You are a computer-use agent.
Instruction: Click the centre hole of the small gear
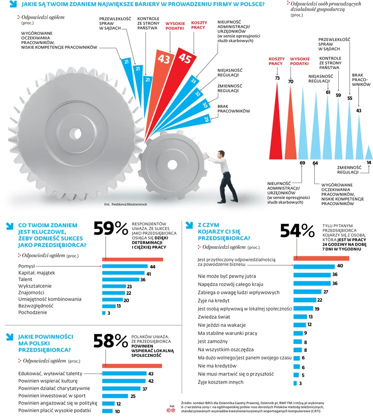pos(172,164)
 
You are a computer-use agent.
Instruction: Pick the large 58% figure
pos(110,341)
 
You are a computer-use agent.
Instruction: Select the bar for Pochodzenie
pos(104,313)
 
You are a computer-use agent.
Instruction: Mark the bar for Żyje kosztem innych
pos(295,383)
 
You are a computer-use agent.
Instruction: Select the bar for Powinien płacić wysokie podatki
pos(107,411)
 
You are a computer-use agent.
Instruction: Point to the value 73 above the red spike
pos(277,78)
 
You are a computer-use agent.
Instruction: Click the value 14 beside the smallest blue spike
pos(368,162)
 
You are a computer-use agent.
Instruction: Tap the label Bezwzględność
pos(36,306)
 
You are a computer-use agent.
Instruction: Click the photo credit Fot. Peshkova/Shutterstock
pos(125,204)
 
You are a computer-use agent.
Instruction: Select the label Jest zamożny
pos(212,341)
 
